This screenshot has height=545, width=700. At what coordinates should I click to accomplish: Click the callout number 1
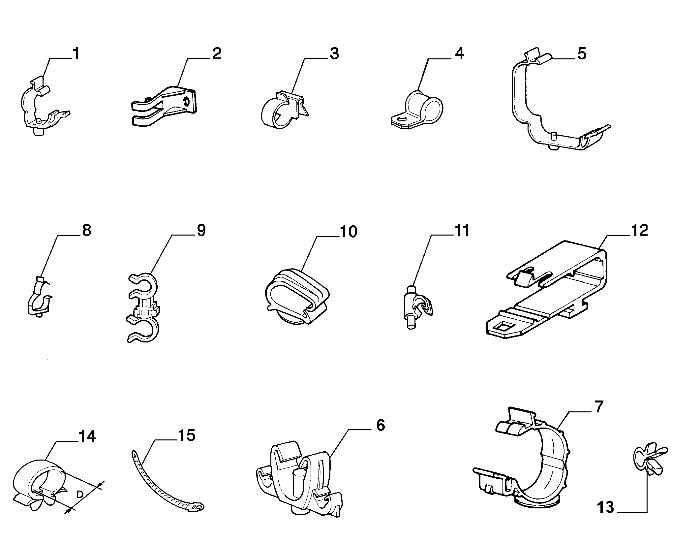[76, 54]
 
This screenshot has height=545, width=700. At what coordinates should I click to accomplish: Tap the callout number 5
[582, 54]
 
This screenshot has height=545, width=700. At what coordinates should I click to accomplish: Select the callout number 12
[639, 230]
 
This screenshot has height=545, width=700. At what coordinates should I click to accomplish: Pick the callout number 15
[186, 435]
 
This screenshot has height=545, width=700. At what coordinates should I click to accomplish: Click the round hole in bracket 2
[187, 101]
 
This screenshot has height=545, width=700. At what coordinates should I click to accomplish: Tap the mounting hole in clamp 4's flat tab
[402, 119]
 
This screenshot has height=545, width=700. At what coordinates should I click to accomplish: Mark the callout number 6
[380, 425]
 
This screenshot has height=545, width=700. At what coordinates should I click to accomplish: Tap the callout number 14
[87, 436]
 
